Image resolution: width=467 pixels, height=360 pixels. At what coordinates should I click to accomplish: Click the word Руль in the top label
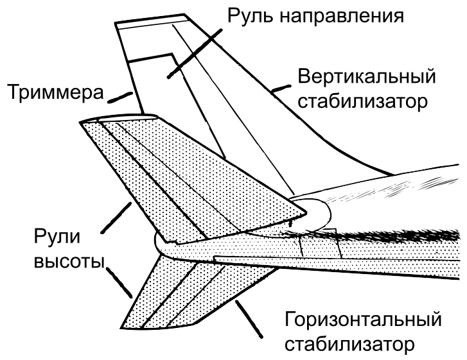(250, 15)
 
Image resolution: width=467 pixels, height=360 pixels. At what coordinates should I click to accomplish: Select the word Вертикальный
(367, 77)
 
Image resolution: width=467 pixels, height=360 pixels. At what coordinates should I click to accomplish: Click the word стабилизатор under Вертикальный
(363, 101)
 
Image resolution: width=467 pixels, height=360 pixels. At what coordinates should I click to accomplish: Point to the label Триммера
(56, 92)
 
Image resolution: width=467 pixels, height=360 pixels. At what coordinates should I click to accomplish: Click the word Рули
(57, 237)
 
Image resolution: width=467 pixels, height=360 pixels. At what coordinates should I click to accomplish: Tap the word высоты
(69, 262)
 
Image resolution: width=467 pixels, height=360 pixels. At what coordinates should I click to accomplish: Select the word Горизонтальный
(363, 320)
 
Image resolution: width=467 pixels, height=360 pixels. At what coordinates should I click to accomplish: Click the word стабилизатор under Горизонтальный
(349, 345)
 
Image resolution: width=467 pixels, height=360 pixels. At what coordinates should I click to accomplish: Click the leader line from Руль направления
(195, 53)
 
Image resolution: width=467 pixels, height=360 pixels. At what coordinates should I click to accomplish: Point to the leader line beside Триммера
(119, 98)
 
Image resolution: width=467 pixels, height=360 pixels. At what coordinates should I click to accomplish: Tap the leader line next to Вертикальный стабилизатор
(281, 88)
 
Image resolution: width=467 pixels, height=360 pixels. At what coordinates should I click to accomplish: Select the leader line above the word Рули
(116, 218)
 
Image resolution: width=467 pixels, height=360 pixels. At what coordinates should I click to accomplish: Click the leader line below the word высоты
(119, 282)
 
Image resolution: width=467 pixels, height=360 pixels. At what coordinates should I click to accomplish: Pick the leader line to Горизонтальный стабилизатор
(249, 320)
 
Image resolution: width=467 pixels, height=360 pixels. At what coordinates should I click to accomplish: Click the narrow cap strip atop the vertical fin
(152, 22)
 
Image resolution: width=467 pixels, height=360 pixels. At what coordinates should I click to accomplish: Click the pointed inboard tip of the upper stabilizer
(306, 212)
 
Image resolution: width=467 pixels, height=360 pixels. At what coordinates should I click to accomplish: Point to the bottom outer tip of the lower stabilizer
(121, 328)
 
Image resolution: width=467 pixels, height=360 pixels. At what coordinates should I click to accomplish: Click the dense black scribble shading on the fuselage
(373, 234)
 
